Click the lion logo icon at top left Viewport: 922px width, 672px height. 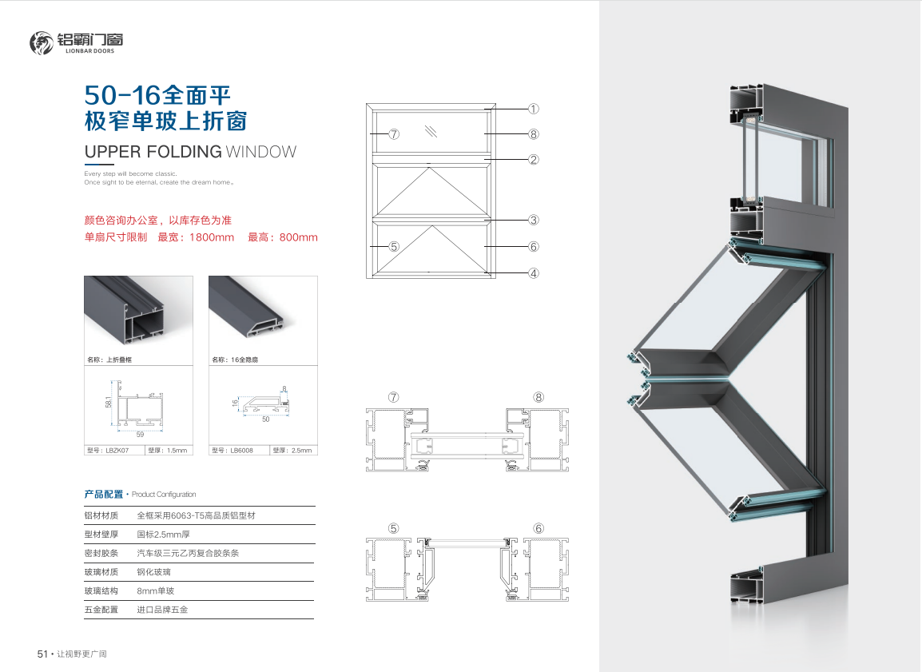(42, 43)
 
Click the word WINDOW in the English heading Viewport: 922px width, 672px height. (261, 152)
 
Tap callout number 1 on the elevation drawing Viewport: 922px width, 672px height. (534, 109)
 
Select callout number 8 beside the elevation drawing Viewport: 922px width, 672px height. (534, 134)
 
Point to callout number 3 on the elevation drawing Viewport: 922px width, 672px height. (534, 220)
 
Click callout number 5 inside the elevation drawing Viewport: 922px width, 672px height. (394, 246)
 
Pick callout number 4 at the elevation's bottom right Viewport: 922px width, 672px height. (534, 272)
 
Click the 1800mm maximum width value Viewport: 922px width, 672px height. (212, 237)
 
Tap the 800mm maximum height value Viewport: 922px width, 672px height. (299, 237)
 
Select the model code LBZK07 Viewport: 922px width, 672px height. (117, 451)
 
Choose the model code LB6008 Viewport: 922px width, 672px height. (241, 451)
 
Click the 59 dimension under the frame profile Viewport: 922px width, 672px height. (140, 435)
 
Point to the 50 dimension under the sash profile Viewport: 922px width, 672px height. (266, 420)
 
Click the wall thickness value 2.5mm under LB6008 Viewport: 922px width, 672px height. (302, 451)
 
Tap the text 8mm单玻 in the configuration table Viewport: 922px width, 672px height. (156, 590)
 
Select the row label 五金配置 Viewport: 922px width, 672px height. (101, 610)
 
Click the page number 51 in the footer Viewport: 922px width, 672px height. (42, 654)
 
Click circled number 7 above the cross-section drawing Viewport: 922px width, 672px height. (394, 397)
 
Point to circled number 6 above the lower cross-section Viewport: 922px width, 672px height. (538, 528)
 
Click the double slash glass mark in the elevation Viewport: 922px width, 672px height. (431, 131)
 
